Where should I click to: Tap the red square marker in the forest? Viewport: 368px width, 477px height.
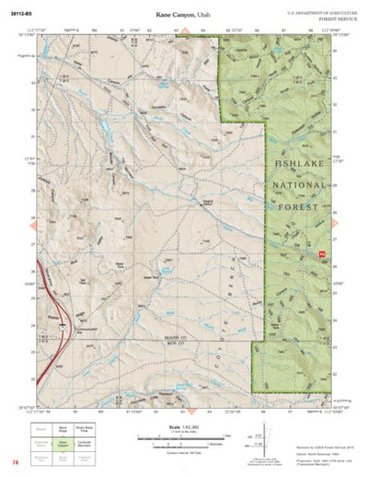tap(322, 254)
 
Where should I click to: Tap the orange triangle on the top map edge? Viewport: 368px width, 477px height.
tap(183, 31)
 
